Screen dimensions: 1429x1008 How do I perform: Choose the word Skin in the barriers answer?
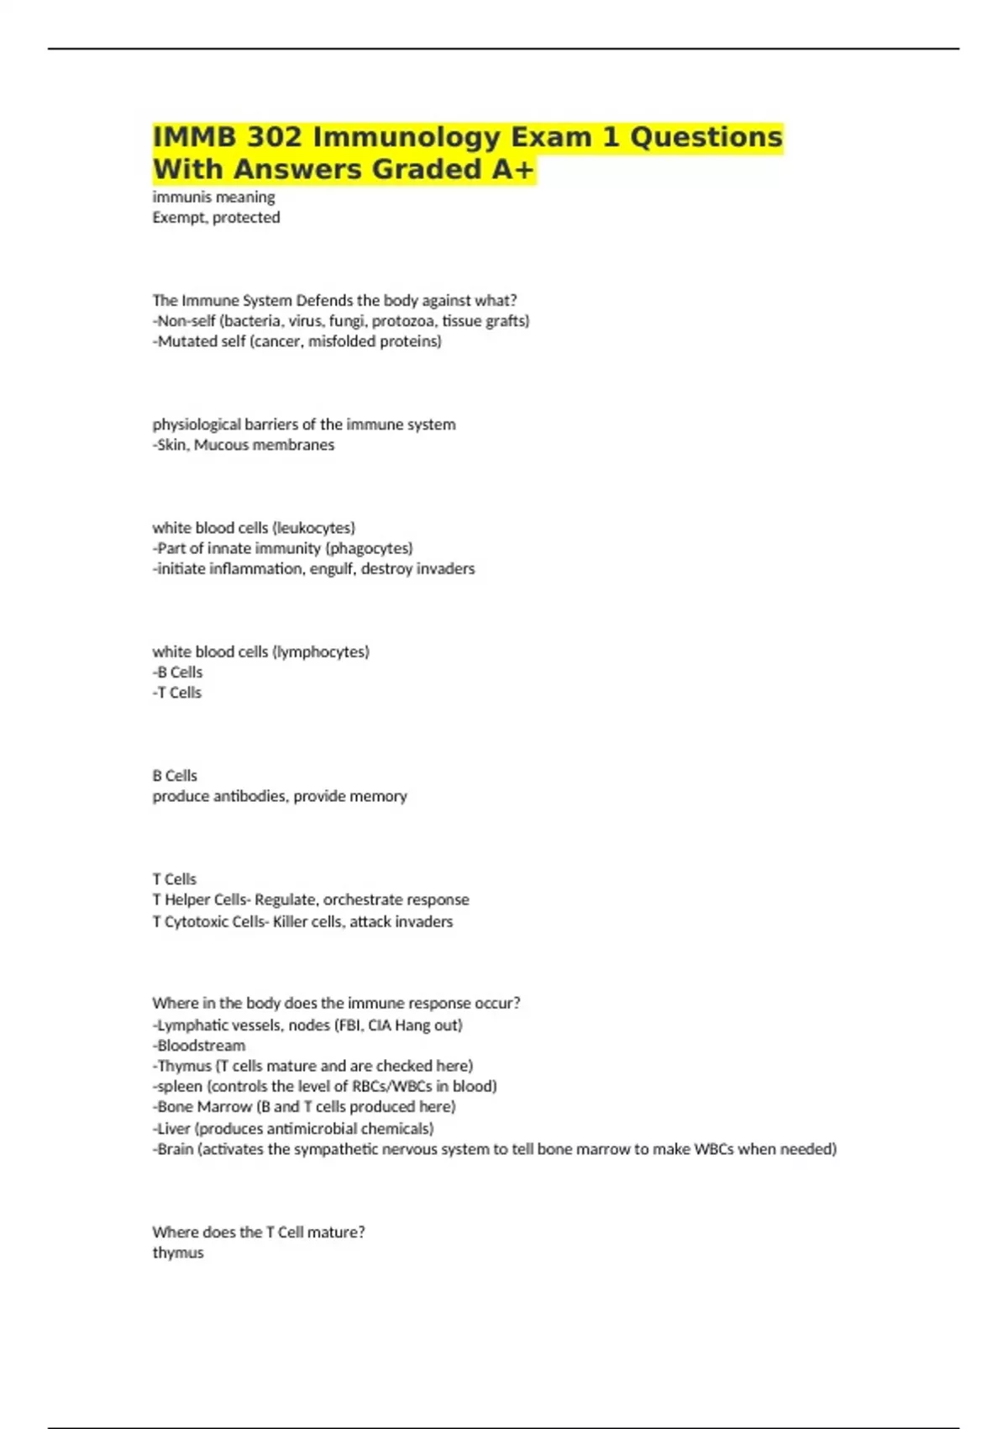tap(172, 445)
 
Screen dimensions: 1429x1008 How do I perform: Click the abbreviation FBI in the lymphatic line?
tap(350, 1025)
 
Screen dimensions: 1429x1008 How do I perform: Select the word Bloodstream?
tap(202, 1046)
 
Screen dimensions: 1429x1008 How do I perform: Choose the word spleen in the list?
tap(180, 1086)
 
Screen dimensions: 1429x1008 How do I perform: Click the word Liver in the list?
tap(174, 1128)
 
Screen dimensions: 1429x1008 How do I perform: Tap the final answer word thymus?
tap(178, 1252)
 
